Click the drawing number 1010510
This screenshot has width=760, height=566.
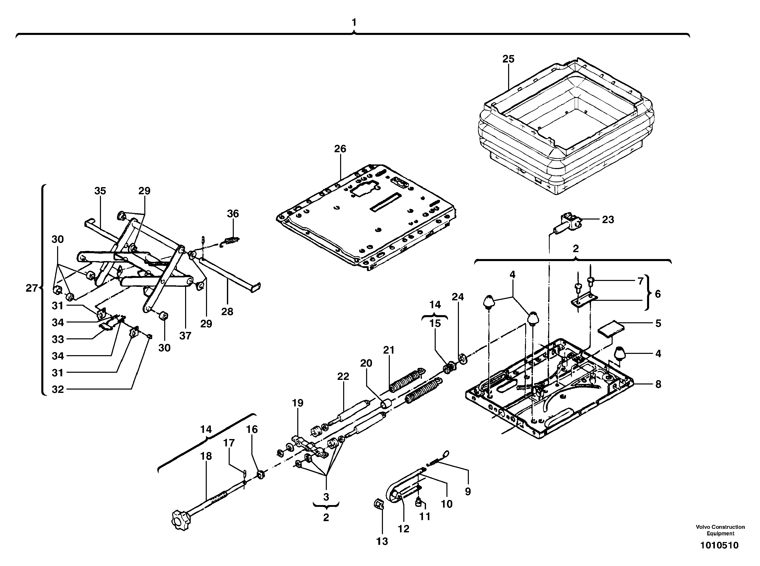pyautogui.click(x=719, y=545)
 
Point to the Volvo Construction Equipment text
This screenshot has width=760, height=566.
pyautogui.click(x=720, y=530)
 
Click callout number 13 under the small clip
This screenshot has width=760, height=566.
pyautogui.click(x=382, y=541)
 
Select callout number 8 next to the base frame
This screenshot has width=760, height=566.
pyautogui.click(x=658, y=384)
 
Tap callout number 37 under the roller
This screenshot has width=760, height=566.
pyautogui.click(x=185, y=336)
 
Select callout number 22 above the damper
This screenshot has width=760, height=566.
pyautogui.click(x=343, y=376)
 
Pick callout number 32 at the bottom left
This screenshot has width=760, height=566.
pyautogui.click(x=58, y=389)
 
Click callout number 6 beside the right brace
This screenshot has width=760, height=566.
pyautogui.click(x=658, y=294)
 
